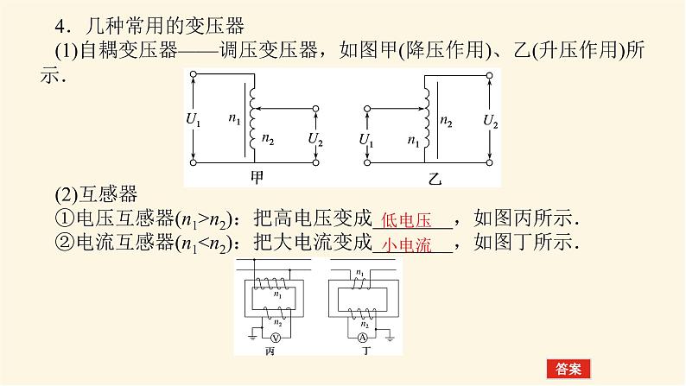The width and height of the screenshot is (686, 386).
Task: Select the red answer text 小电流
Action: (x=407, y=244)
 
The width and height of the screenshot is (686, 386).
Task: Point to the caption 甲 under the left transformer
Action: (x=256, y=176)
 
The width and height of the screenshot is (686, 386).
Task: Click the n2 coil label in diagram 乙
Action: (x=447, y=121)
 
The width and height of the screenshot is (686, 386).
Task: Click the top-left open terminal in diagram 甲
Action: (x=194, y=75)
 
